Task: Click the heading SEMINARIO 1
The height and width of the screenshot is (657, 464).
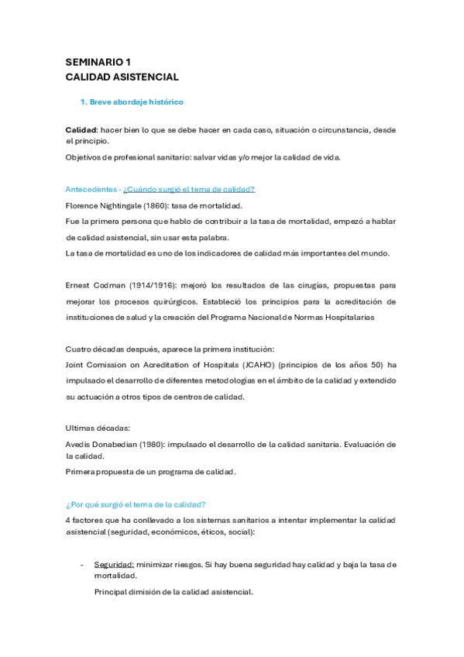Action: pos(97,62)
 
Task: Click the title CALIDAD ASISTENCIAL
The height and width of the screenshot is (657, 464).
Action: pos(122,77)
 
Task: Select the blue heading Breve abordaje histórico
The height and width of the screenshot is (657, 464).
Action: pos(136,102)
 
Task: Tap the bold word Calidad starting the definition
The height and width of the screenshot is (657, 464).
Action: pos(81,129)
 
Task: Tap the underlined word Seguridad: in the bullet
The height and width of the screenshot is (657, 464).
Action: pos(114,564)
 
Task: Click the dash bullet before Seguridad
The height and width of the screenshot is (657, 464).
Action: pos(81,564)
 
